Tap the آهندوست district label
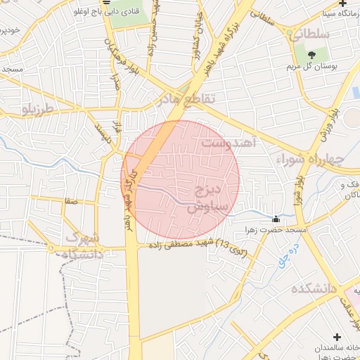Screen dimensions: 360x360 pos(231,143)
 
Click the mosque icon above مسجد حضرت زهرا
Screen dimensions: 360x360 pos(276,219)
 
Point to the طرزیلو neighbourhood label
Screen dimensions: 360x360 pos(38,109)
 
